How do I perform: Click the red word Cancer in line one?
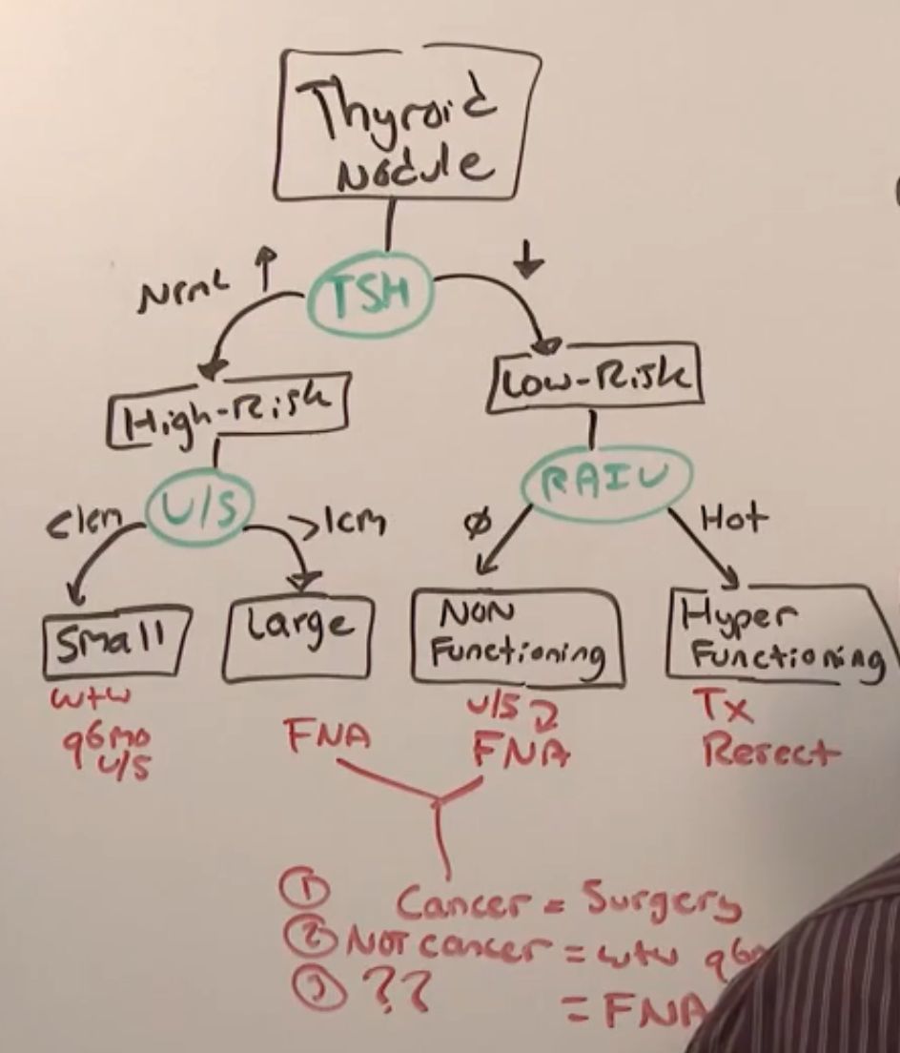click(456, 901)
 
